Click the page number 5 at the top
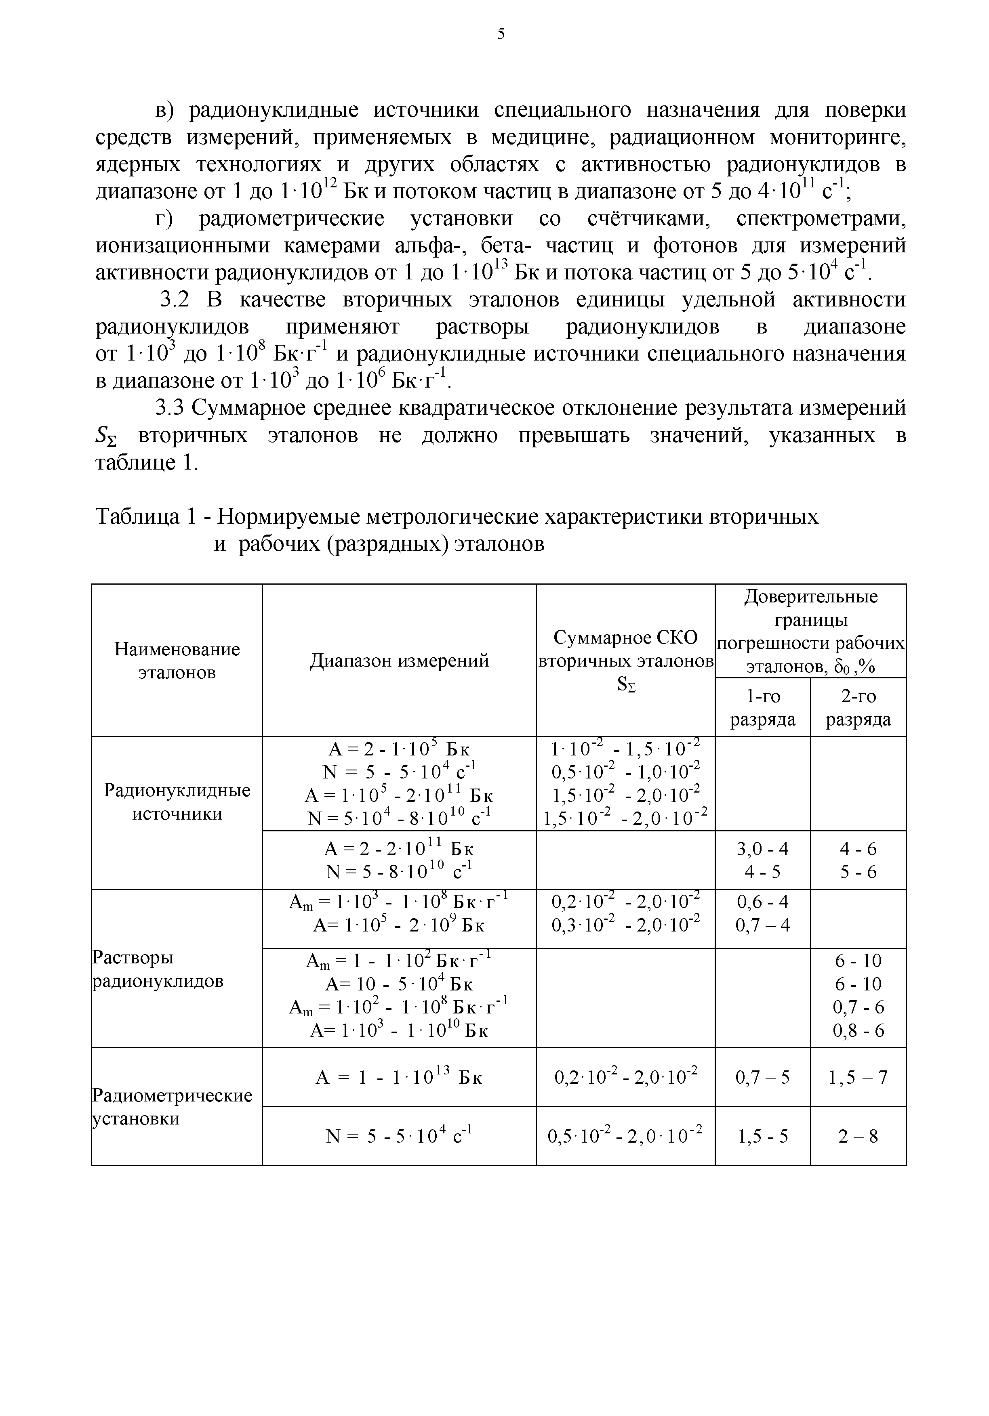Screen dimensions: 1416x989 (x=501, y=35)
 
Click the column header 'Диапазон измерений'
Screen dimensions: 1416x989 (x=399, y=661)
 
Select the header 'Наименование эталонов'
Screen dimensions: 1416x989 (x=177, y=661)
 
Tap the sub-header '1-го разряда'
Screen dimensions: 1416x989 (x=763, y=707)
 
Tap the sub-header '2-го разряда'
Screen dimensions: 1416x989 (x=858, y=707)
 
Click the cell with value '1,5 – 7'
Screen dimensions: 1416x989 (x=858, y=1077)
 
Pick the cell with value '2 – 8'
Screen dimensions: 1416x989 (x=858, y=1136)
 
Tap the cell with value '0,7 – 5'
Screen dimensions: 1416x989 (x=763, y=1077)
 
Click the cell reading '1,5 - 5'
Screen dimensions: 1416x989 (x=763, y=1136)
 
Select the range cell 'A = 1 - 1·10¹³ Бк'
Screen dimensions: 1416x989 (x=399, y=1077)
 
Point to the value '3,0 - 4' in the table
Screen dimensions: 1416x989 (x=763, y=849)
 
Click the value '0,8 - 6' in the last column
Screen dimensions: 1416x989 (x=858, y=1030)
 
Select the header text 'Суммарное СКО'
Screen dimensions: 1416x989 (x=625, y=638)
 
